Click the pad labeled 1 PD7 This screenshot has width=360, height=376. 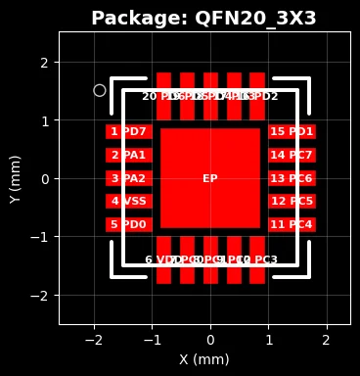[128, 131]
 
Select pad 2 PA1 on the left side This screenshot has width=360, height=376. [128, 155]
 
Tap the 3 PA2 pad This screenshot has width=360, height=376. [128, 178]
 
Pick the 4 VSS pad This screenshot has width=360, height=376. [128, 201]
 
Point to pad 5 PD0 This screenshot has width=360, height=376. [128, 224]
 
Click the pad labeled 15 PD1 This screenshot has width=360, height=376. [292, 131]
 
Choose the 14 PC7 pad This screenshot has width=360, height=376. [292, 155]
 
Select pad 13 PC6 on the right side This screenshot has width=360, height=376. [292, 178]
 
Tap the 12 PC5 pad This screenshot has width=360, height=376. [292, 201]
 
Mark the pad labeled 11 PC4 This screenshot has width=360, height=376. [292, 224]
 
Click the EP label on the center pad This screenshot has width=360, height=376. [210, 179]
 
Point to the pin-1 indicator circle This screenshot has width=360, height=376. [100, 90]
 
